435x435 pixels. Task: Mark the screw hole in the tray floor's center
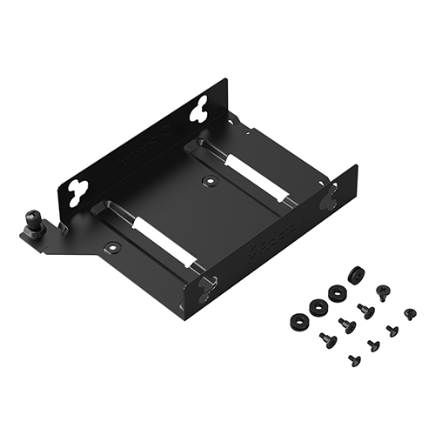click(x=209, y=182)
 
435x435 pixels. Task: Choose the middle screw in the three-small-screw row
click(x=373, y=345)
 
